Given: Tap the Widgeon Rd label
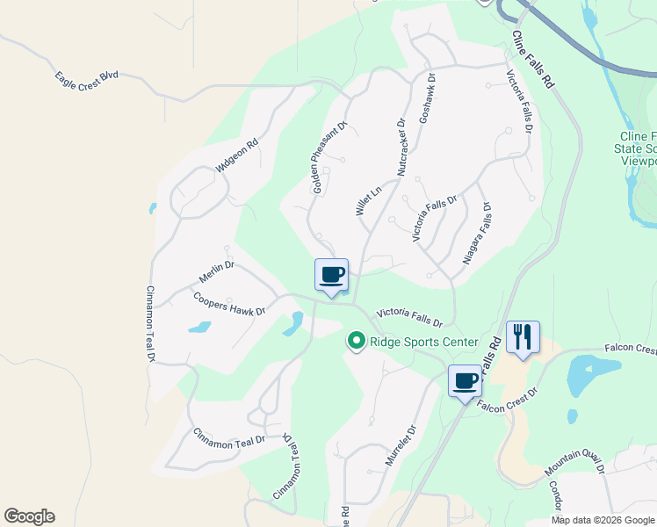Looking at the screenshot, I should click(236, 155).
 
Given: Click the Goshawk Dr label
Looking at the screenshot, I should click(428, 97).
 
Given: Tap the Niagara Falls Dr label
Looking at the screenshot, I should click(476, 235).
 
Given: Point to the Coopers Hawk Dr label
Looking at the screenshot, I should click(229, 303).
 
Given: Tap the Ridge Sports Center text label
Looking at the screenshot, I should click(423, 342).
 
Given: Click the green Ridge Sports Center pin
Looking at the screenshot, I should click(356, 340).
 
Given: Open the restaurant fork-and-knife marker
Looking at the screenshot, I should click(523, 336).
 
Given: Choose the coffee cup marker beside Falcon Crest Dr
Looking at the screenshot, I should click(465, 381).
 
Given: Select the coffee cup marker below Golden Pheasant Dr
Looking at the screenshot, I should click(331, 276).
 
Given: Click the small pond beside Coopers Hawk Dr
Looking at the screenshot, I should click(199, 328).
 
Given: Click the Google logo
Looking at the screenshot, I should click(29, 516).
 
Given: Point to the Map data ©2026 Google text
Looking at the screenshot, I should click(603, 520).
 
